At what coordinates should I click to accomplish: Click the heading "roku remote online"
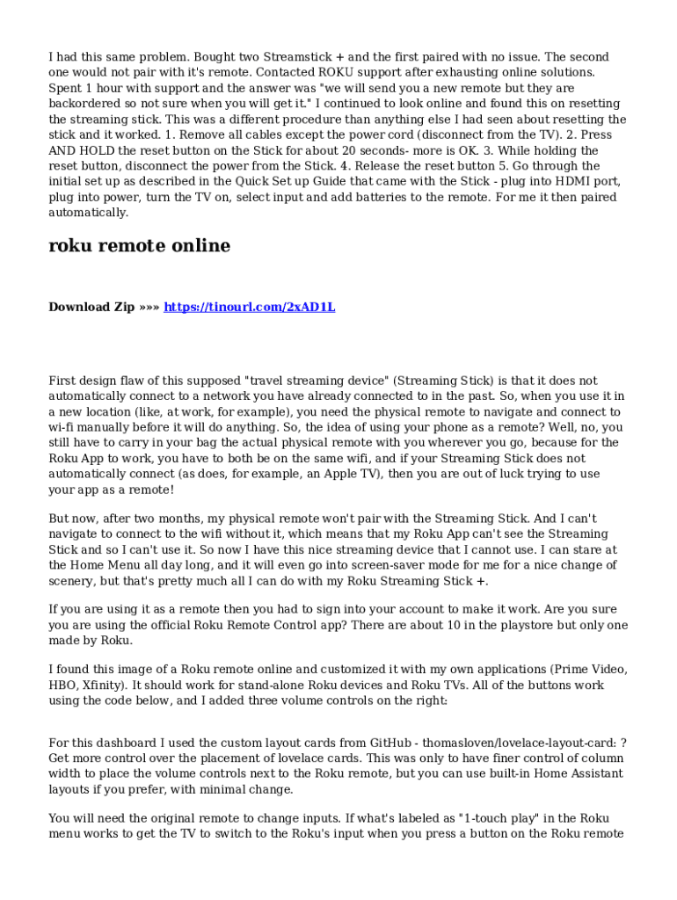click(x=139, y=246)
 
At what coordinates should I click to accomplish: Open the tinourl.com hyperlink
click(x=250, y=307)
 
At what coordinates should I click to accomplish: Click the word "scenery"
click(x=75, y=581)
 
